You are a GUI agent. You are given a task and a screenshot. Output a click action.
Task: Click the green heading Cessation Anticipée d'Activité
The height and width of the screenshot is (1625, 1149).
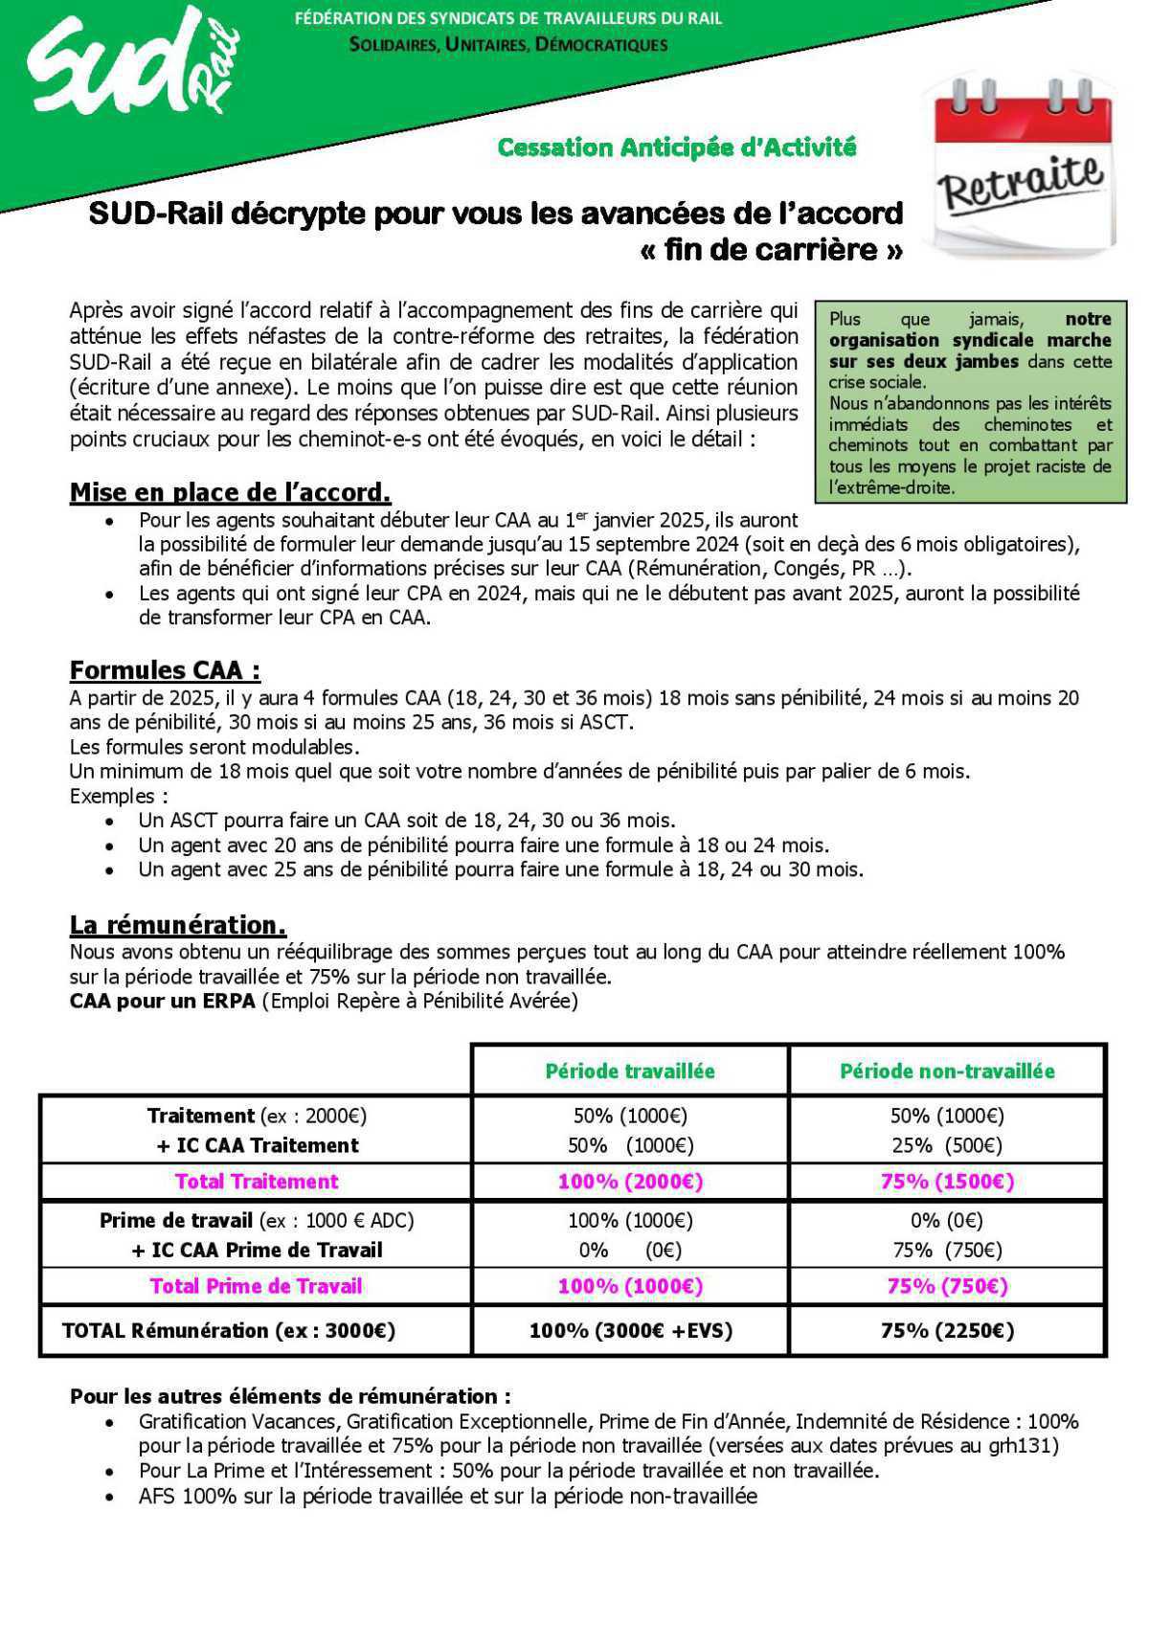[x=676, y=147]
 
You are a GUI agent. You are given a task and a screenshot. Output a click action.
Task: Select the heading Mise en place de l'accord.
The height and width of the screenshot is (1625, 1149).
[x=230, y=492]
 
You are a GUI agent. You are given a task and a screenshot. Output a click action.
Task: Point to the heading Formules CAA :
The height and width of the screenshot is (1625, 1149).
[x=165, y=669]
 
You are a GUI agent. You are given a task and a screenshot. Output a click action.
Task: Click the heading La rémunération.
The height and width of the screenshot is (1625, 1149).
[x=177, y=924]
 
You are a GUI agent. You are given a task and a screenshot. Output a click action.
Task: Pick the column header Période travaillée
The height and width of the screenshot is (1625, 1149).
[x=630, y=1071]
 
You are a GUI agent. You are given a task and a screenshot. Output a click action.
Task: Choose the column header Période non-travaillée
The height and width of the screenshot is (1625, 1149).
[x=947, y=1071]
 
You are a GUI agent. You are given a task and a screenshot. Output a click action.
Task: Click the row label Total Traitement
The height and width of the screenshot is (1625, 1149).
[x=257, y=1182]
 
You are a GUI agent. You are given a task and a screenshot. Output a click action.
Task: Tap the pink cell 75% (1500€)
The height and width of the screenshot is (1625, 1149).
[x=947, y=1182]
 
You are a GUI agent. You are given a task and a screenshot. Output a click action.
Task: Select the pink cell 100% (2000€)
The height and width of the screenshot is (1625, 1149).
[x=630, y=1182]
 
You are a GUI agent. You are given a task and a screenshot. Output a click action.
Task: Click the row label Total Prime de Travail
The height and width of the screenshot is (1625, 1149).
[x=257, y=1286]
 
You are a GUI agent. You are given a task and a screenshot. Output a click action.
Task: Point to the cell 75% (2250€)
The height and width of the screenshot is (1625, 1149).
[x=947, y=1330]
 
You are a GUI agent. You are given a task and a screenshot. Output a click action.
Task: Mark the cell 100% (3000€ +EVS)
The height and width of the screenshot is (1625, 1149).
[x=630, y=1330]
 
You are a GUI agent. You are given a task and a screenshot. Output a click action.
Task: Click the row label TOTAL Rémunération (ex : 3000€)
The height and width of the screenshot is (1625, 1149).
[x=228, y=1330]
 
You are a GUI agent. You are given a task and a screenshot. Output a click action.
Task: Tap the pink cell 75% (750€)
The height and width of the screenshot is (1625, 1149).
[x=947, y=1286]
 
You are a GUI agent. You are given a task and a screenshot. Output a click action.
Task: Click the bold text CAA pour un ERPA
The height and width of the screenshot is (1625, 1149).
[x=162, y=1002]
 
